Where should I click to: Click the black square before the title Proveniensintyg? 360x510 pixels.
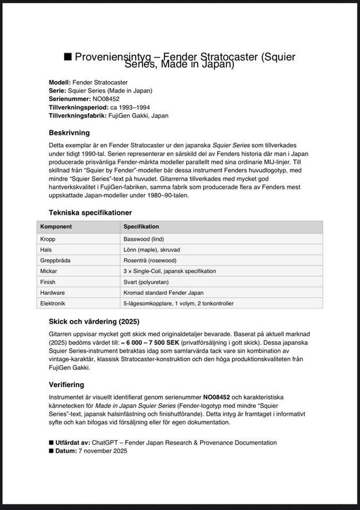(x=68, y=57)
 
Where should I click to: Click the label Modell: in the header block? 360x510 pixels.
(x=59, y=82)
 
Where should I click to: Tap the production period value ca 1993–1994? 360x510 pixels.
(x=131, y=107)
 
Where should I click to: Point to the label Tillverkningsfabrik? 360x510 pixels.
(x=77, y=115)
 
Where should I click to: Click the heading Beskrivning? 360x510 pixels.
(x=69, y=133)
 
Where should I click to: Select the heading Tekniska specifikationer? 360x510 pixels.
(x=90, y=212)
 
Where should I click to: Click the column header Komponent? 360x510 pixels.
(x=56, y=226)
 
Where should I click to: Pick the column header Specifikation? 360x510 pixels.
(x=141, y=226)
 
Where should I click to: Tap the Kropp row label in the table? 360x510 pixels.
(x=48, y=239)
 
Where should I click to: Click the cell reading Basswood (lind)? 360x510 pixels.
(x=144, y=239)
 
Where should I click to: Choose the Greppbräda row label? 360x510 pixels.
(x=55, y=260)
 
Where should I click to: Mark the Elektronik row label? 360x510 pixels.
(x=54, y=303)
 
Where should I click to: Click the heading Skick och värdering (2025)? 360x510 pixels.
(x=94, y=321)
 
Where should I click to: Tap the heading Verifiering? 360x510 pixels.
(x=66, y=385)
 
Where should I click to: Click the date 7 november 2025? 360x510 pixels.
(x=103, y=451)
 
